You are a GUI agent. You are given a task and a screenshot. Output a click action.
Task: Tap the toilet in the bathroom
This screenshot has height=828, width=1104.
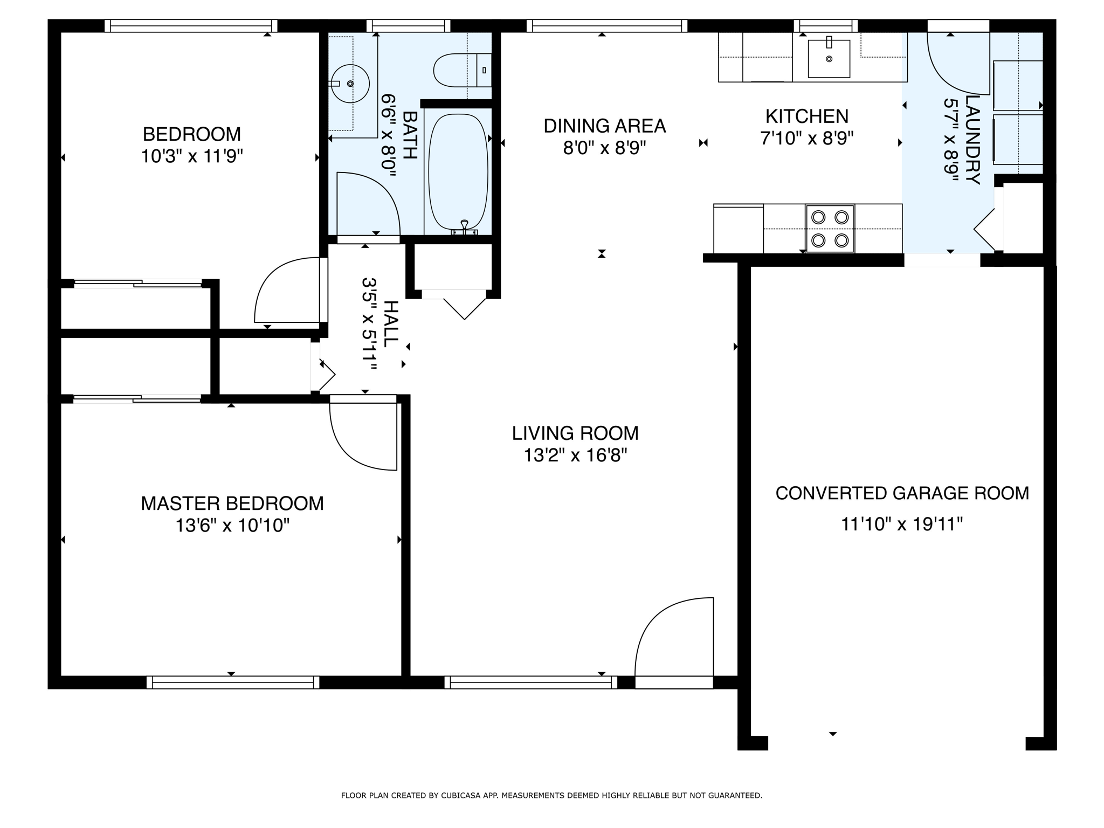463,70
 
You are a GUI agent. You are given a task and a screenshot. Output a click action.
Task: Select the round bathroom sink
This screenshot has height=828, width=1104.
350,84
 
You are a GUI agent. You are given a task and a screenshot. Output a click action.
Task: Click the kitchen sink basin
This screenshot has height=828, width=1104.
829,58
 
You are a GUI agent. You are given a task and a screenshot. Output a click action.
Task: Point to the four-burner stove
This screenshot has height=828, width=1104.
830,229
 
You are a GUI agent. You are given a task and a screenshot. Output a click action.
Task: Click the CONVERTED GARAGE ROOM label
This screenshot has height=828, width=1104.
902,493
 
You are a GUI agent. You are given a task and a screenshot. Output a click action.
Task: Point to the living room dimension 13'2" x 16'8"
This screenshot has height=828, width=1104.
575,456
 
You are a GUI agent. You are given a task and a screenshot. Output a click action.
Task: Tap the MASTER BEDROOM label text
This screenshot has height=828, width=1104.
232,503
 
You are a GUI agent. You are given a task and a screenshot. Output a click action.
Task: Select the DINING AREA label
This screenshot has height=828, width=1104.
605,126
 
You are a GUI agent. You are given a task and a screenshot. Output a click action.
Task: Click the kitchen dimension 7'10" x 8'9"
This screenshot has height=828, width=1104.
807,139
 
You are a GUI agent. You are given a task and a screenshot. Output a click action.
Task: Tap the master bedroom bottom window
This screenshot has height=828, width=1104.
233,682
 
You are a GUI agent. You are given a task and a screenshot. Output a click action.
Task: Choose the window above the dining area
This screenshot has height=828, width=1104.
607,26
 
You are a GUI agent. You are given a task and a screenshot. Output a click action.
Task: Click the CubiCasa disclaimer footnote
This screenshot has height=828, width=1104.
551,795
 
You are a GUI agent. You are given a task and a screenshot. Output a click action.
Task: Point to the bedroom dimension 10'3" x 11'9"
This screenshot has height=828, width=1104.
192,157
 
